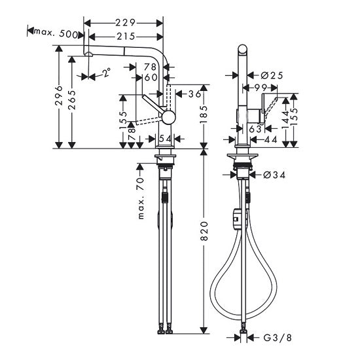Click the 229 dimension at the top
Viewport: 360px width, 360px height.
point(126,22)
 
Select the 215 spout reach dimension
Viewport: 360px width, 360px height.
point(126,37)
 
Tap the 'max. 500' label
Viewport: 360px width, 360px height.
point(58,33)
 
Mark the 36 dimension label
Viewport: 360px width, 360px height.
point(194,94)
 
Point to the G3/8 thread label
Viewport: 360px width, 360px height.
point(274,338)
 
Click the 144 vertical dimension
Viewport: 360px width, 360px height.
point(286,118)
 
